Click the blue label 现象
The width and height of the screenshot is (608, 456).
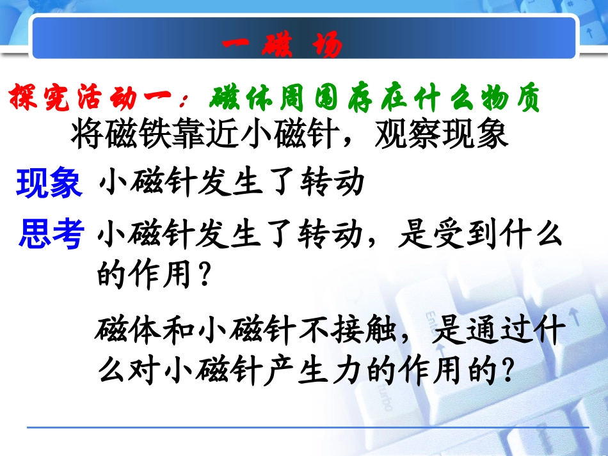tap(49, 184)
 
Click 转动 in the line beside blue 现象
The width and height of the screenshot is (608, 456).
tap(332, 184)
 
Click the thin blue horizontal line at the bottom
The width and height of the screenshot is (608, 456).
tap(307, 427)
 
